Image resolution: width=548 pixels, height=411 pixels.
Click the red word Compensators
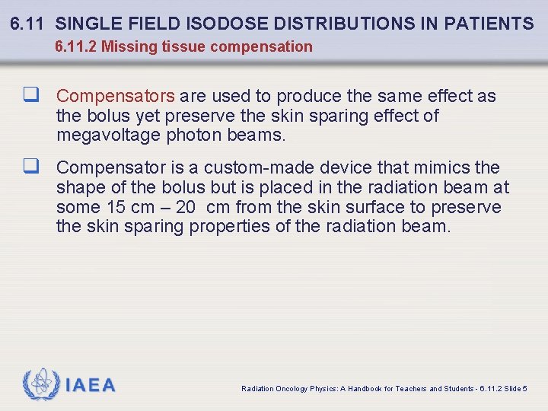pyautogui.click(x=116, y=97)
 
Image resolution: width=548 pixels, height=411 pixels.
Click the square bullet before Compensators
pyautogui.click(x=31, y=96)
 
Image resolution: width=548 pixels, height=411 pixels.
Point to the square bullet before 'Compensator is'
pyautogui.click(x=31, y=167)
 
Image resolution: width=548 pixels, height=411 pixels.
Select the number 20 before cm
pyautogui.click(x=185, y=207)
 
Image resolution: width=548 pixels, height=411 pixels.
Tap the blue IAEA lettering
pyautogui.click(x=91, y=385)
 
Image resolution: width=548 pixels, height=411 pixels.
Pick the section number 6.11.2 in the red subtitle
pyautogui.click(x=76, y=47)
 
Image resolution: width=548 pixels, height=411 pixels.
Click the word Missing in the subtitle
pyautogui.click(x=129, y=47)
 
